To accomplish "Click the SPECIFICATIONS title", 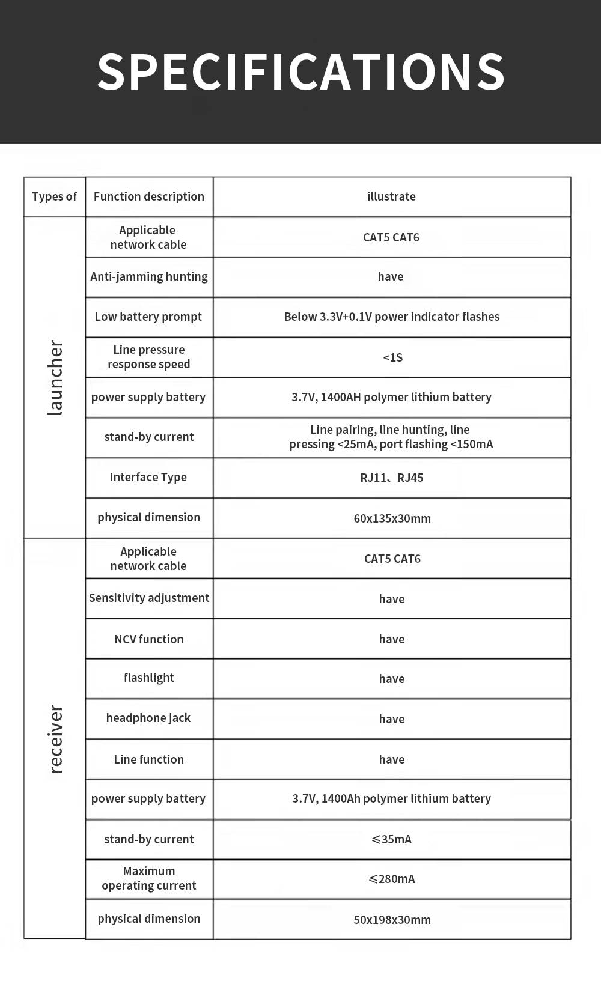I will pyautogui.click(x=300, y=72).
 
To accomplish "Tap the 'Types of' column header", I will pyautogui.click(x=54, y=196).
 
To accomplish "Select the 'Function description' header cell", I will pyautogui.click(x=149, y=196).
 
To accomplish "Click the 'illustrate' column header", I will pyautogui.click(x=391, y=196).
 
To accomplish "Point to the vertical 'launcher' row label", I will pyautogui.click(x=55, y=377).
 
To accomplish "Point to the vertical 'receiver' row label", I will pyautogui.click(x=55, y=738).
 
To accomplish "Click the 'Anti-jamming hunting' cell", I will pyautogui.click(x=149, y=276).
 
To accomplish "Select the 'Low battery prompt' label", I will pyautogui.click(x=148, y=317).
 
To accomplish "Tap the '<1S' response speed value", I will pyautogui.click(x=392, y=357).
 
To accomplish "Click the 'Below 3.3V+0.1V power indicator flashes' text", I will pyautogui.click(x=392, y=317).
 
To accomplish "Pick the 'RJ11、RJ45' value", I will pyautogui.click(x=392, y=478).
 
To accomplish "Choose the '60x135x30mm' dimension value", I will pyautogui.click(x=392, y=518).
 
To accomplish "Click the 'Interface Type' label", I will pyautogui.click(x=148, y=477).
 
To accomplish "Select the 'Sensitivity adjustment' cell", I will pyautogui.click(x=149, y=598).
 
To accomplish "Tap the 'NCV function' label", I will pyautogui.click(x=149, y=639).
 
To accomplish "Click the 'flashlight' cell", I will pyautogui.click(x=149, y=678).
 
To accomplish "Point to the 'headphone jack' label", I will pyautogui.click(x=148, y=718).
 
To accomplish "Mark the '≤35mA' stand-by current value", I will pyautogui.click(x=392, y=839).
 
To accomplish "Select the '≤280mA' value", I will pyautogui.click(x=392, y=879).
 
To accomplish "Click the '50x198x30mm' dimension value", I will pyautogui.click(x=392, y=920).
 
